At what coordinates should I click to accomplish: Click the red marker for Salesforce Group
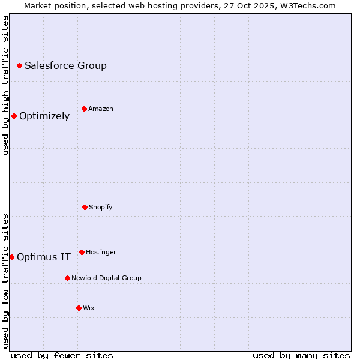tap(19, 65)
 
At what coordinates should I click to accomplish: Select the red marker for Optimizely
tap(14, 116)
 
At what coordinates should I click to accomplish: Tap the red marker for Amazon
tap(84, 109)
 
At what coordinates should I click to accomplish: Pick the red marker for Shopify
tap(85, 207)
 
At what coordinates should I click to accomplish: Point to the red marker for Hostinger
tap(82, 252)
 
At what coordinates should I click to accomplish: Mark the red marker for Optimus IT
tap(11, 257)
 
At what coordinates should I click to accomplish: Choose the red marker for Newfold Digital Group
tap(67, 278)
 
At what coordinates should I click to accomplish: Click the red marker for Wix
tap(79, 308)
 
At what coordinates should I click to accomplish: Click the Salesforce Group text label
tap(65, 65)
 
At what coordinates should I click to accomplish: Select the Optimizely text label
tap(44, 116)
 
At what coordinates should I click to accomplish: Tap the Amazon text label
tap(101, 109)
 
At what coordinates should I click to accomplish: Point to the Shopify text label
tap(101, 207)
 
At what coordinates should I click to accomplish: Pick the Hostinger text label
tap(101, 252)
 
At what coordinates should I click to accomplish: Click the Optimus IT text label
tap(44, 257)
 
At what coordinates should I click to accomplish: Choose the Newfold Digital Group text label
tap(106, 278)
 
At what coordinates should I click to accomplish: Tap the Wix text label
tap(89, 308)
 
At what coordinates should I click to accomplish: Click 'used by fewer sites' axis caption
tap(62, 355)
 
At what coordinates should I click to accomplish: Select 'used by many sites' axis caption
tap(301, 355)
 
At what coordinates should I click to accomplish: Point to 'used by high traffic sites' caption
tap(5, 85)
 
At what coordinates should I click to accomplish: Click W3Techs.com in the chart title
tap(306, 5)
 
